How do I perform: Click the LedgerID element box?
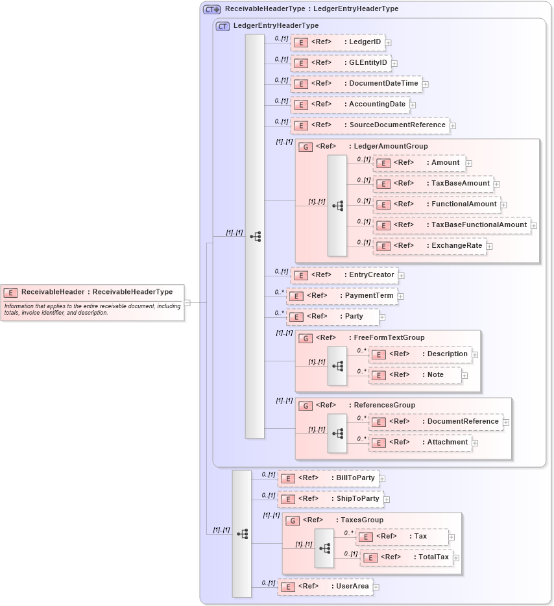click(x=337, y=42)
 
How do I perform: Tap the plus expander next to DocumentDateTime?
click(x=426, y=84)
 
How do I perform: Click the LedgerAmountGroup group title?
click(x=388, y=147)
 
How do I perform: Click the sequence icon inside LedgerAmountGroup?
click(x=337, y=206)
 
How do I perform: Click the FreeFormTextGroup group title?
click(x=389, y=338)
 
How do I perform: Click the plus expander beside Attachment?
click(x=475, y=442)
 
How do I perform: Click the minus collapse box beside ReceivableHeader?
click(x=187, y=302)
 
